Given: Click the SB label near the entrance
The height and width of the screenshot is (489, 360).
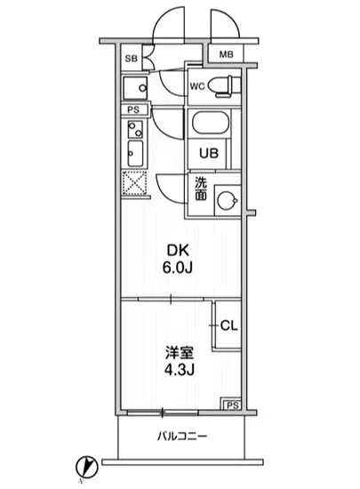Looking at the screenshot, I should (130, 60).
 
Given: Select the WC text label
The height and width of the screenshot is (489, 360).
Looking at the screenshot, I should (197, 87).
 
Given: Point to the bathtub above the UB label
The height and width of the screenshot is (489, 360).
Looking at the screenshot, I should (211, 124).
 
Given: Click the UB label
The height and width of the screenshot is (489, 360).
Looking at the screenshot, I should (207, 152).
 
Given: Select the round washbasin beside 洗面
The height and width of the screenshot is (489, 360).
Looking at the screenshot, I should (228, 200).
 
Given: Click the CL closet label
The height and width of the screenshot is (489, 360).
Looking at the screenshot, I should (227, 326).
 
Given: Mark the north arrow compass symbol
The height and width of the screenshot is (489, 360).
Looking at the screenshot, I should (85, 465).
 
